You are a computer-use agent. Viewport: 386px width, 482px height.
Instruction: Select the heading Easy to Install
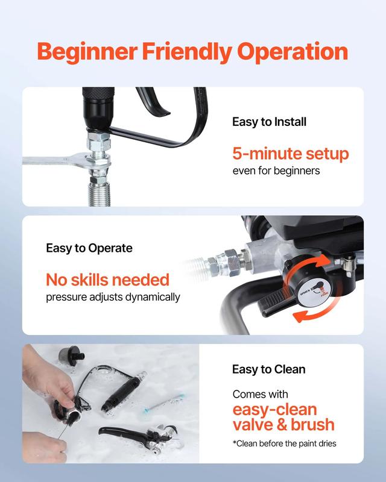pos(269,122)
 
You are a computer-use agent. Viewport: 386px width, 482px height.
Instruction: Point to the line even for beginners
pos(276,171)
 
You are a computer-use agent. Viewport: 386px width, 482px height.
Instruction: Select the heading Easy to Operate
pos(89,248)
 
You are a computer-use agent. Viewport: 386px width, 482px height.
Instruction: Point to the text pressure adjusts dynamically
pos(113,297)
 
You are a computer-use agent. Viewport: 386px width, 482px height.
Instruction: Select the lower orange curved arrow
pos(311,317)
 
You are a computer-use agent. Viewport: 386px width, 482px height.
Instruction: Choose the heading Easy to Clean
pos(268,369)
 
